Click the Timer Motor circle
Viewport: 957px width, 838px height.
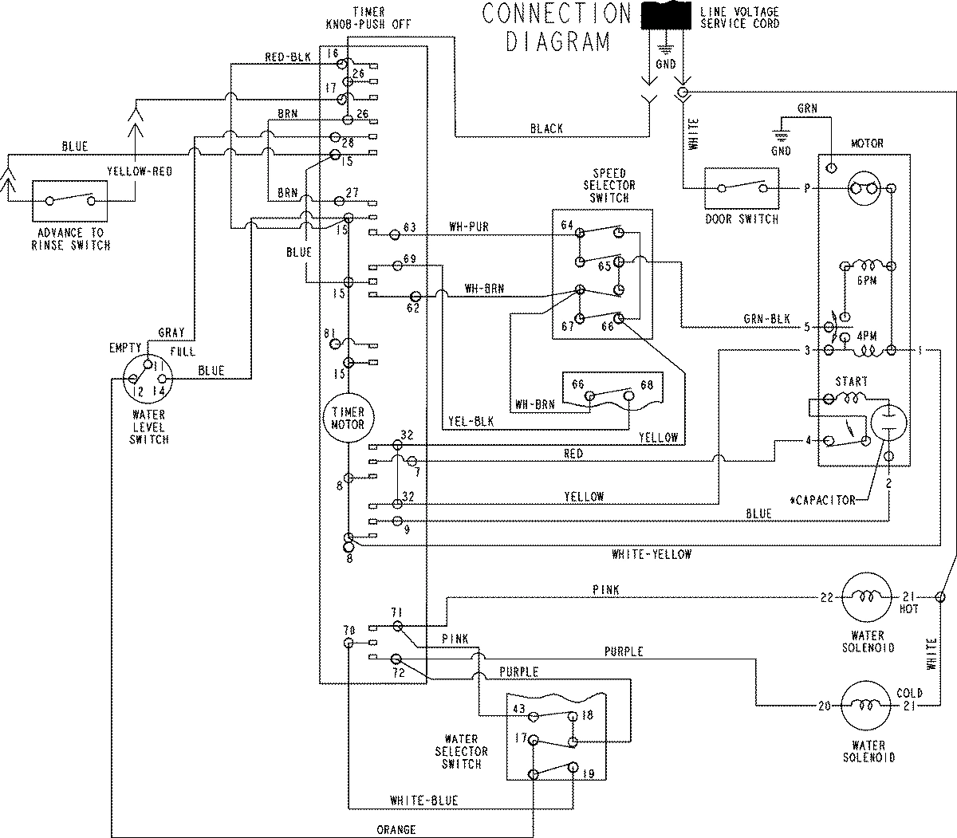click(348, 418)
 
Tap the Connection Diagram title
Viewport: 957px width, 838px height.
click(556, 26)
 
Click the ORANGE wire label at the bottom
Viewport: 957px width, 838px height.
click(396, 830)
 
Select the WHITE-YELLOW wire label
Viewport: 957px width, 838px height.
click(651, 554)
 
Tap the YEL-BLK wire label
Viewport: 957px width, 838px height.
click(471, 423)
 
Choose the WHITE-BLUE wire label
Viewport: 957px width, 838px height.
click(423, 801)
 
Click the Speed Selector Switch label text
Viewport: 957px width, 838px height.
click(609, 185)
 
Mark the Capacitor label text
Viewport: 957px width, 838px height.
click(823, 501)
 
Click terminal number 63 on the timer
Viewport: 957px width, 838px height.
click(410, 228)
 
